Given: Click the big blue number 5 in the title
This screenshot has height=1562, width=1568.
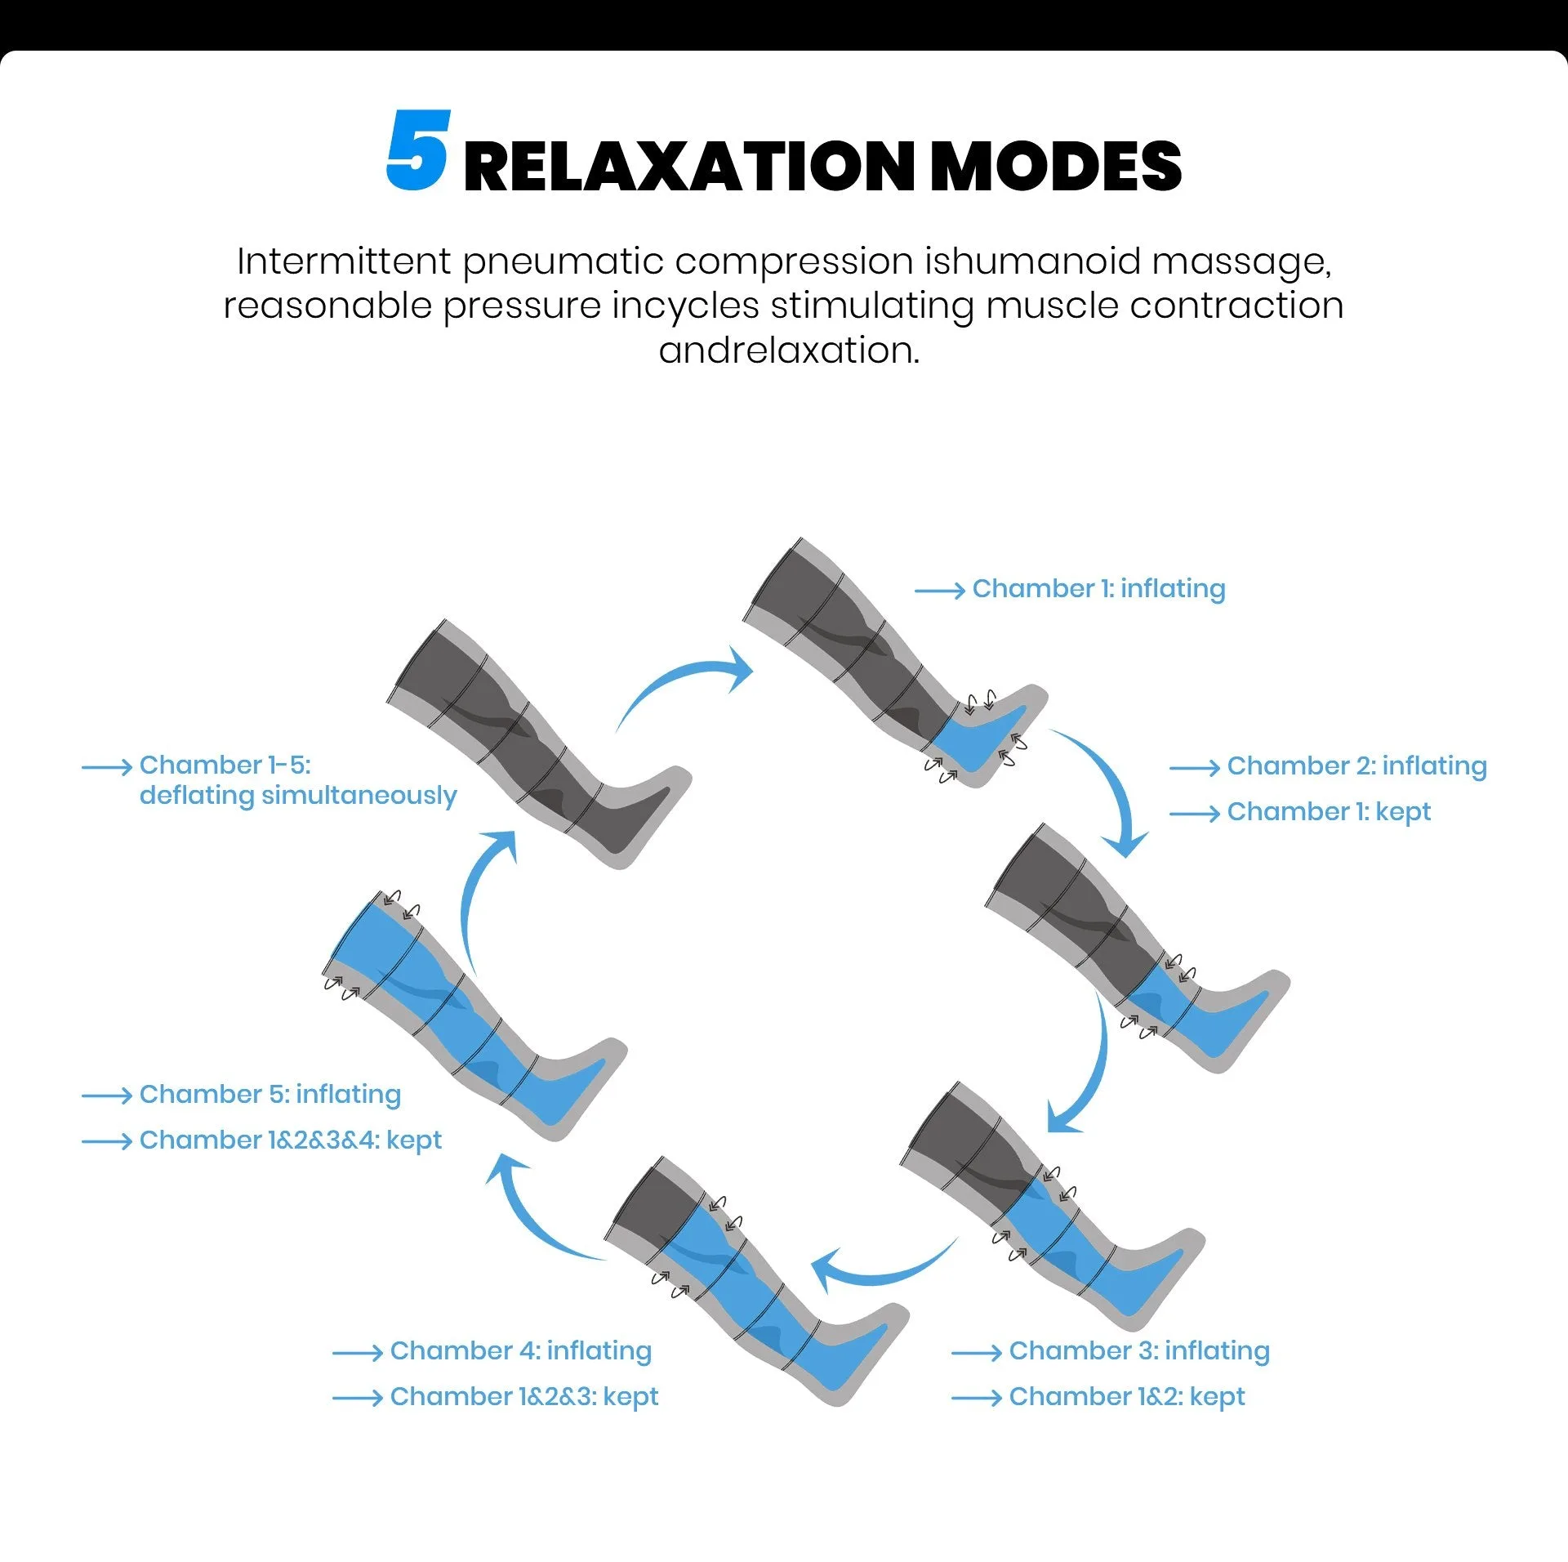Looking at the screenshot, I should click(x=418, y=151).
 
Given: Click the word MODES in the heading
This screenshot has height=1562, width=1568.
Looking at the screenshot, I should click(x=1055, y=167).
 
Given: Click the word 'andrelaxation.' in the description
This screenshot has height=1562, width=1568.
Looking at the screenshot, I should click(x=789, y=350).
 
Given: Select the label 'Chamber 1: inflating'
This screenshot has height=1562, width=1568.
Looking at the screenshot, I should click(x=1098, y=589).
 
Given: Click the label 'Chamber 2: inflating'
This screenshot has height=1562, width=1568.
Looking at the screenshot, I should click(x=1356, y=766).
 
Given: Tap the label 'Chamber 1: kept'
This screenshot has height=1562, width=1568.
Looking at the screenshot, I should click(x=1329, y=812).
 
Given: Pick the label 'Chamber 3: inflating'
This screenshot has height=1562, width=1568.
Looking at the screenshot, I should click(x=1139, y=1351).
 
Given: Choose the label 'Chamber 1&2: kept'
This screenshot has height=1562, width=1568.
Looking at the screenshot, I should click(x=1127, y=1397).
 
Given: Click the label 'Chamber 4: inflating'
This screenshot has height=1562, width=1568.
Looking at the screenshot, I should click(x=521, y=1351).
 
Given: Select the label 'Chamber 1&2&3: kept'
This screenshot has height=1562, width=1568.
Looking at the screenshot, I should click(x=524, y=1397).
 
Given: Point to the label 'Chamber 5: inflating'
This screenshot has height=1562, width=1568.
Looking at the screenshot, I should click(x=270, y=1095).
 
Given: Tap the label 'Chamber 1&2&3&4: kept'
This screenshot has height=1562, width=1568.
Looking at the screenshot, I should click(x=291, y=1140).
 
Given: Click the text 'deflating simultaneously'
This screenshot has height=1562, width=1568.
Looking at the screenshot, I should click(x=298, y=796).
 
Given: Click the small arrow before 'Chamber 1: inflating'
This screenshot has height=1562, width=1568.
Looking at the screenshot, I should click(x=940, y=591).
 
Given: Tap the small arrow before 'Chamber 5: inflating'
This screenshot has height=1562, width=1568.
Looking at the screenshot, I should click(x=107, y=1096).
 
